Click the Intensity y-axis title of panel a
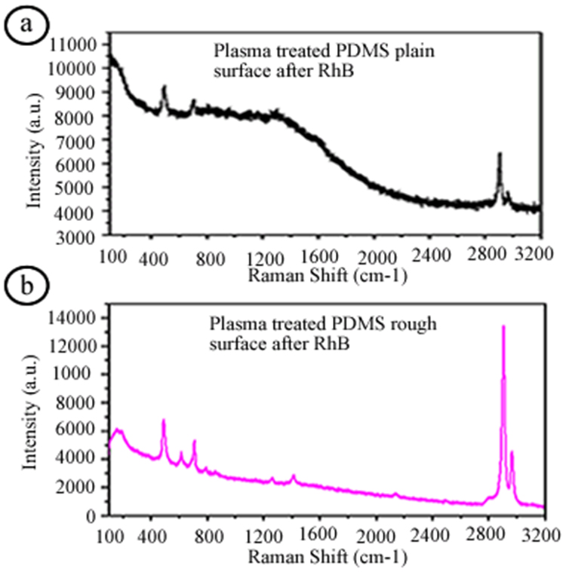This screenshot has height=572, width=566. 34,160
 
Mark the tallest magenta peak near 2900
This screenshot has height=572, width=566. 503,327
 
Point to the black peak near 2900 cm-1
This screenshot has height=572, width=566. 500,154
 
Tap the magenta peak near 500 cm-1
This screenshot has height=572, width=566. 164,421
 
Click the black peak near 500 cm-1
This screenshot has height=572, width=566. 165,88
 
